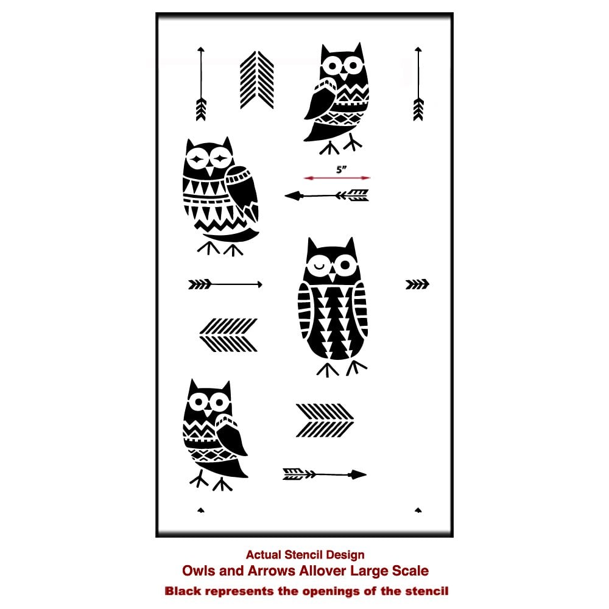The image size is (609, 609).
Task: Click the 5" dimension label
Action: click(x=341, y=169)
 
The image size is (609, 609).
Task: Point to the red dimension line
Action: click(x=337, y=178)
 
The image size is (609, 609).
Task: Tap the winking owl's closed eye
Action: click(x=319, y=266)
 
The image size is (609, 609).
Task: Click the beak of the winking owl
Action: click(x=332, y=276)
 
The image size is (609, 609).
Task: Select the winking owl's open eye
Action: click(x=345, y=266)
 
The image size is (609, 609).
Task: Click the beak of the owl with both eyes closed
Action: click(x=209, y=171)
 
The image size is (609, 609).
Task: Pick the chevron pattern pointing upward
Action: click(x=257, y=80)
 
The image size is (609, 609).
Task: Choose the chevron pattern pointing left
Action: click(x=228, y=335)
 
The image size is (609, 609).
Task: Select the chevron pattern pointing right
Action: click(x=325, y=420)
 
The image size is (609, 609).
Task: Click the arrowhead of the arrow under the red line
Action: click(x=294, y=195)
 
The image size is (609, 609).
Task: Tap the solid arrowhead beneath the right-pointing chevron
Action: click(x=358, y=474)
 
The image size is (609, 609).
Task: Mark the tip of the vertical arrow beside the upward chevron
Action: click(x=201, y=48)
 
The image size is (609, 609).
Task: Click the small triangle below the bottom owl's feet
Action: click(x=201, y=510)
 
